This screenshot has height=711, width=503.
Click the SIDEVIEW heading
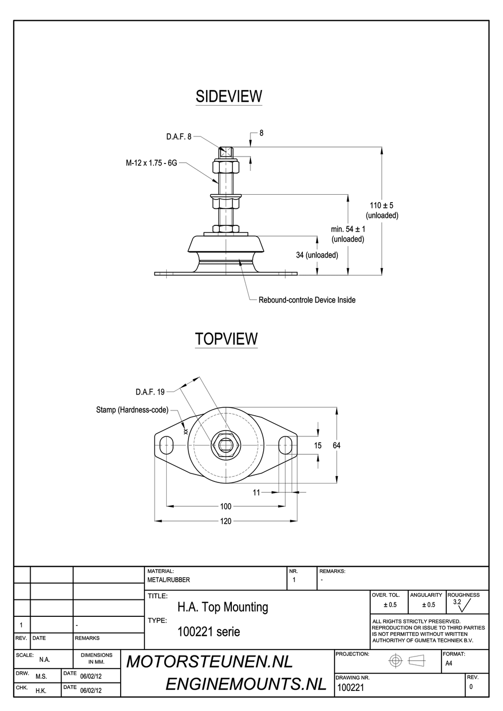(229, 96)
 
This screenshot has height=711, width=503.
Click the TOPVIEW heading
(226, 339)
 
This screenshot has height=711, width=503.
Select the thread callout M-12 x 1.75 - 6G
(151, 163)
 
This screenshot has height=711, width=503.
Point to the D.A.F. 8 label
(178, 136)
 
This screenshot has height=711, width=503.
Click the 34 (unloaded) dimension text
(317, 255)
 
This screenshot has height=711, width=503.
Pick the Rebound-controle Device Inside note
(307, 300)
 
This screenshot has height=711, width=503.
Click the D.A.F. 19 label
(150, 392)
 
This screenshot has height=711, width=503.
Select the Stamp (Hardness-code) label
(132, 410)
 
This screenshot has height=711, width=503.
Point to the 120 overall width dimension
(226, 521)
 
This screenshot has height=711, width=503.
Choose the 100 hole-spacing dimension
(226, 506)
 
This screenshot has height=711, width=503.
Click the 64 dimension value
(337, 445)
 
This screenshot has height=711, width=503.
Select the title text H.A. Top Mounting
(223, 607)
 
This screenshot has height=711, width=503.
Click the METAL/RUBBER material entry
(168, 580)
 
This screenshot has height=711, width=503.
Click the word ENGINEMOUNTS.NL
(246, 685)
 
